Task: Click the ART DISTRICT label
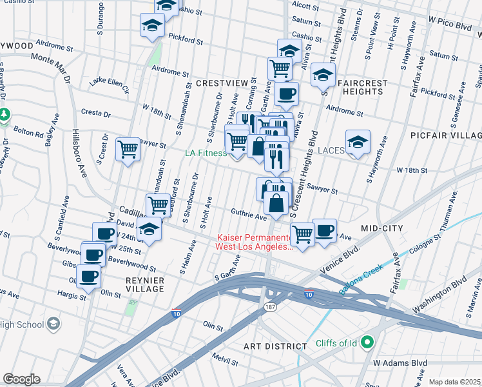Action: pos(275,346)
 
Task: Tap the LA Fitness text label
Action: pos(206,153)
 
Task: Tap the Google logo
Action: pos(21,379)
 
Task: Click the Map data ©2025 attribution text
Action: pos(454,382)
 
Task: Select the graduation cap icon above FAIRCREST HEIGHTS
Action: pos(323,75)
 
